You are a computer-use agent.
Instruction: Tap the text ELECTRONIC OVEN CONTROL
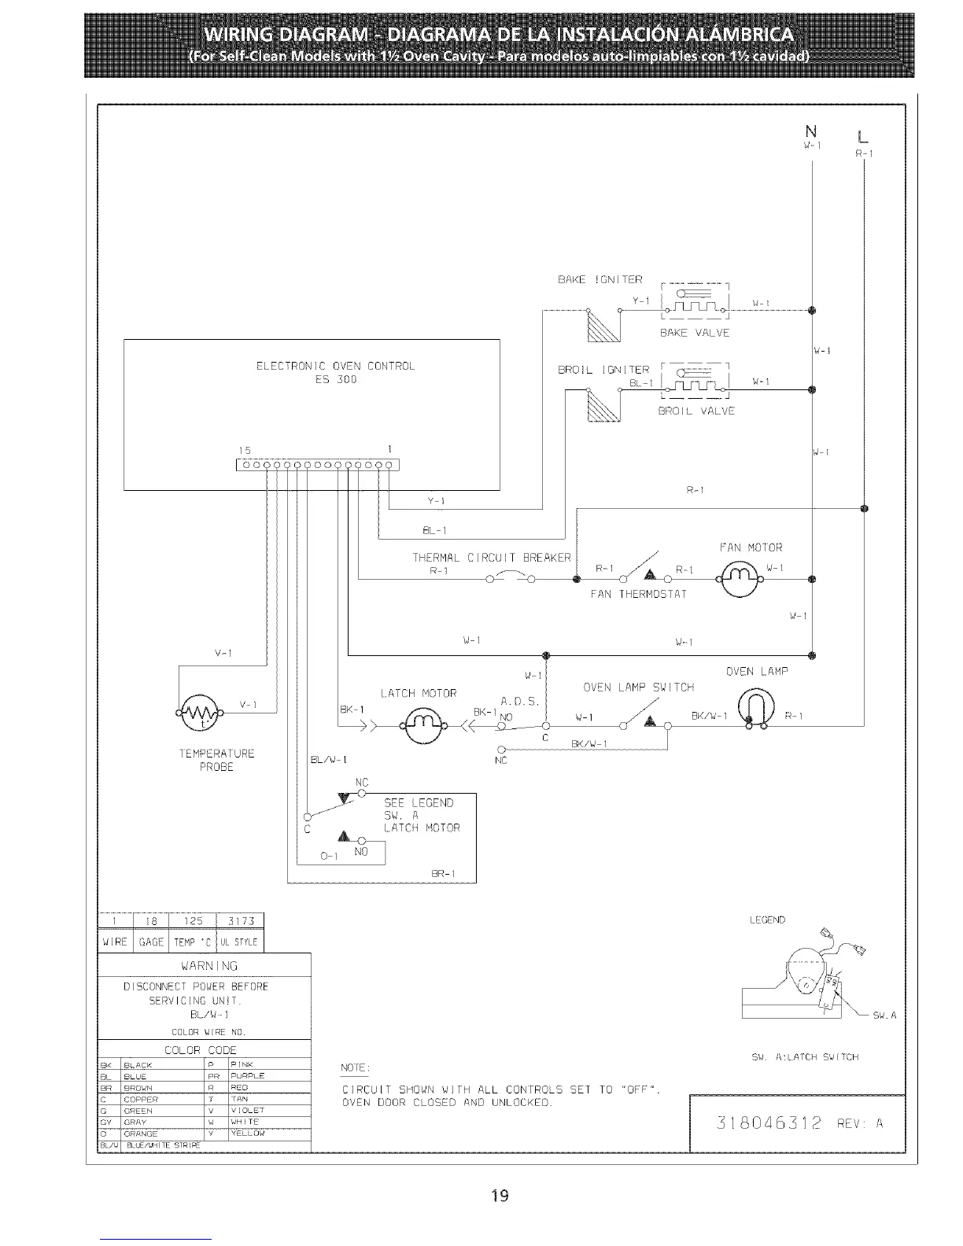(x=335, y=366)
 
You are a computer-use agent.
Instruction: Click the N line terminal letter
(x=810, y=131)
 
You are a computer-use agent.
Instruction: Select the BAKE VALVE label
(x=695, y=333)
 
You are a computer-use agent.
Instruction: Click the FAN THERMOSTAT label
(x=638, y=594)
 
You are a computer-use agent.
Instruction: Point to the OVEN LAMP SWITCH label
(x=638, y=687)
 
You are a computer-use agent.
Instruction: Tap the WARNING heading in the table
(x=204, y=965)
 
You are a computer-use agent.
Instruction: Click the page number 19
(x=500, y=1196)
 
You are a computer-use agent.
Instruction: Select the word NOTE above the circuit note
(x=355, y=1067)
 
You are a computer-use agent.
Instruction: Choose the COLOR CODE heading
(x=200, y=1050)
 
